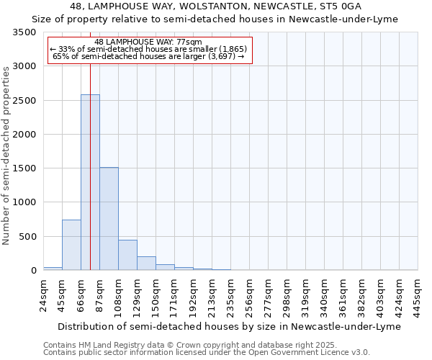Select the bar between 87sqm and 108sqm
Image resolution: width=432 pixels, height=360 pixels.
pos(109,219)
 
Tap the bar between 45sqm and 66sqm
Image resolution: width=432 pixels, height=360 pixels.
pos(71,245)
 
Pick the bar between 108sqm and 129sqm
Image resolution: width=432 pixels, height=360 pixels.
pos(127,255)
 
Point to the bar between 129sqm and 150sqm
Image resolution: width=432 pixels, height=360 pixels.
pos(146,264)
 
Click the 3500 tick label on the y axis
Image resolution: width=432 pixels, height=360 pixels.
pos(24,33)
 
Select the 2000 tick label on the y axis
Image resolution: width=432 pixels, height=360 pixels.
pos(24,135)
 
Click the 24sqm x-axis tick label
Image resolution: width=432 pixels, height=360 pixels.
pos(43,295)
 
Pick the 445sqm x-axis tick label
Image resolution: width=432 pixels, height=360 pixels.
pos(418,295)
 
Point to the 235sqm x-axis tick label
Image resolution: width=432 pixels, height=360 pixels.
pos(230,295)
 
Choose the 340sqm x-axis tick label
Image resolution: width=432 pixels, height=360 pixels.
pos(324,295)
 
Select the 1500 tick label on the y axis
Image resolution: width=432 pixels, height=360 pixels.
pos(24,168)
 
